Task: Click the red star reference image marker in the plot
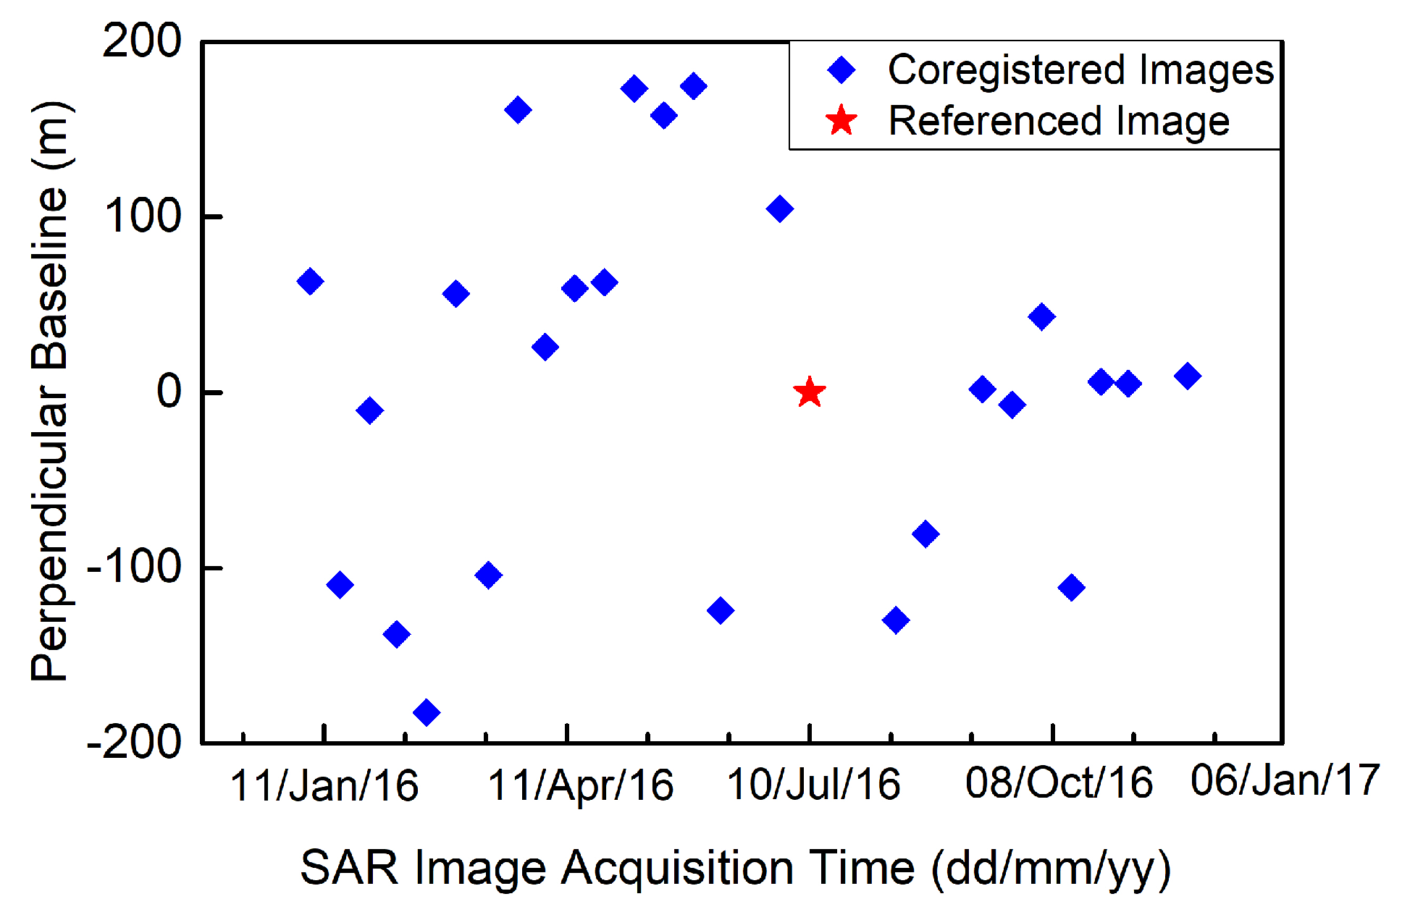pos(809,392)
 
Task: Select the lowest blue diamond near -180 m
pos(426,712)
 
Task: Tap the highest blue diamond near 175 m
pos(693,86)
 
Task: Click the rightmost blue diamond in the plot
pos(1187,376)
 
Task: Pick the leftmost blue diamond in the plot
pos(310,281)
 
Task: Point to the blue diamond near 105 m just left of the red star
pos(779,209)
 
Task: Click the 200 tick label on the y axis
pos(142,41)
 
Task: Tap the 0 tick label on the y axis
pos(169,392)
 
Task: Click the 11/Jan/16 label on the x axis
pos(324,786)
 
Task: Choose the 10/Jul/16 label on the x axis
pos(813,785)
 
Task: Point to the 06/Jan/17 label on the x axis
pos(1285,780)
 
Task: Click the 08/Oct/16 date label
pos(1059,783)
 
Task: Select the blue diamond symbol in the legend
pos(841,70)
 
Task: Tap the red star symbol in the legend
pos(841,120)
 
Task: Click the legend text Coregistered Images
pos(1080,70)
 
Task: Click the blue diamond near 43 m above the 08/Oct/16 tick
pos(1041,316)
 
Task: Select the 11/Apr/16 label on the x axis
pos(581,786)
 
